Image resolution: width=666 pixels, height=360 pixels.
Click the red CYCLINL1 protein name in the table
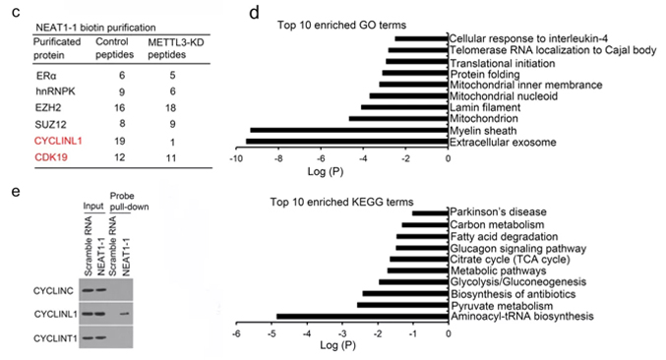58,141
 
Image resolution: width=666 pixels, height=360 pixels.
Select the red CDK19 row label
51,157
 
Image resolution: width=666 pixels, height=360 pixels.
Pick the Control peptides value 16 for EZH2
119,108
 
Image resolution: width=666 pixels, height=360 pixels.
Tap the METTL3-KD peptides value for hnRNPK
172,91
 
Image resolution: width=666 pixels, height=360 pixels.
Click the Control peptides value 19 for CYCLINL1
119,141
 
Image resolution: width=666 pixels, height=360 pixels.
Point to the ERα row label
46,76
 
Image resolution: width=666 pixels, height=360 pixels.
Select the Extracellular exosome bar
347,142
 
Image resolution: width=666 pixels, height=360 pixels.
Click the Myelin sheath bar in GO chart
349,130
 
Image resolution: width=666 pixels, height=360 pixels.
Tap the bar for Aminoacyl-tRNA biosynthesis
362,317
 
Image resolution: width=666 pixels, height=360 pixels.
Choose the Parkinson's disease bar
430,212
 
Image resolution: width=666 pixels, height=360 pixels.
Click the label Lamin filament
485,107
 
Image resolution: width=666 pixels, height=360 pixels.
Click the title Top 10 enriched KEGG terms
341,202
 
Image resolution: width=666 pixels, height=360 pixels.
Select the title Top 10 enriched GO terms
341,25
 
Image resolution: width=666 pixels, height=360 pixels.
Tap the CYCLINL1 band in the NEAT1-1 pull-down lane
125,314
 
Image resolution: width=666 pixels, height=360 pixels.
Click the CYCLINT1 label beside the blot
55,338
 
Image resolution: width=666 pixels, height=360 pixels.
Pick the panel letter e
16,192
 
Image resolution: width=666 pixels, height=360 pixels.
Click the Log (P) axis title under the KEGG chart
337,345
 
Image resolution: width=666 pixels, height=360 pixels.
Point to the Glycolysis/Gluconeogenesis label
518,282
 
